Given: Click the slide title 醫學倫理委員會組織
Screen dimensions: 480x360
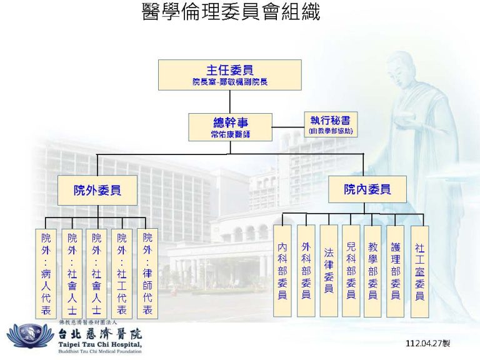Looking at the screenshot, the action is (x=231, y=12).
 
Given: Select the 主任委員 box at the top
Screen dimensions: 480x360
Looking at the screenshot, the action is (x=230, y=75).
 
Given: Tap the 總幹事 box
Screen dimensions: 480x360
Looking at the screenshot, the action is (x=230, y=127).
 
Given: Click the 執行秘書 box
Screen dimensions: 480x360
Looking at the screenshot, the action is (x=331, y=124).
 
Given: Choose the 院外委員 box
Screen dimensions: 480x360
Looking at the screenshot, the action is (x=97, y=190).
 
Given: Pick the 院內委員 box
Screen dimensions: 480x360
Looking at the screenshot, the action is (x=367, y=189).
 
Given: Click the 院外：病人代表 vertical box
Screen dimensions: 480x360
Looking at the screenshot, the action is (x=46, y=274).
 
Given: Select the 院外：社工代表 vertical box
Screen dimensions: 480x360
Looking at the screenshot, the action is (x=122, y=274).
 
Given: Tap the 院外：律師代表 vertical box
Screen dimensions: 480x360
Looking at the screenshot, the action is (x=147, y=274).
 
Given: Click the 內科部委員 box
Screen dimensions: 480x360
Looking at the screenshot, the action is (x=282, y=271).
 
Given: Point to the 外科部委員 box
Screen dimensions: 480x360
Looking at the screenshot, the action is (x=306, y=271).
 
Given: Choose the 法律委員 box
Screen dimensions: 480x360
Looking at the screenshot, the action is (x=329, y=271).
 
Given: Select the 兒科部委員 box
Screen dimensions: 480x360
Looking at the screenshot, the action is (x=351, y=271).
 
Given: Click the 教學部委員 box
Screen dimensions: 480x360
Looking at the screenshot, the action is (x=372, y=271).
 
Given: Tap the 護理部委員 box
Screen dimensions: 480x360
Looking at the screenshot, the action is (x=395, y=271).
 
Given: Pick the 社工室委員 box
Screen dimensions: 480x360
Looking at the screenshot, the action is (x=419, y=271).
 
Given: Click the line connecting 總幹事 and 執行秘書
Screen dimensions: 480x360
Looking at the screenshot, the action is (x=288, y=127).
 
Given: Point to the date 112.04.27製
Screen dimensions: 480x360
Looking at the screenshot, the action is (x=428, y=343).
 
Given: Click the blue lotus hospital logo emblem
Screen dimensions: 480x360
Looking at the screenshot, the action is (x=31, y=336).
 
